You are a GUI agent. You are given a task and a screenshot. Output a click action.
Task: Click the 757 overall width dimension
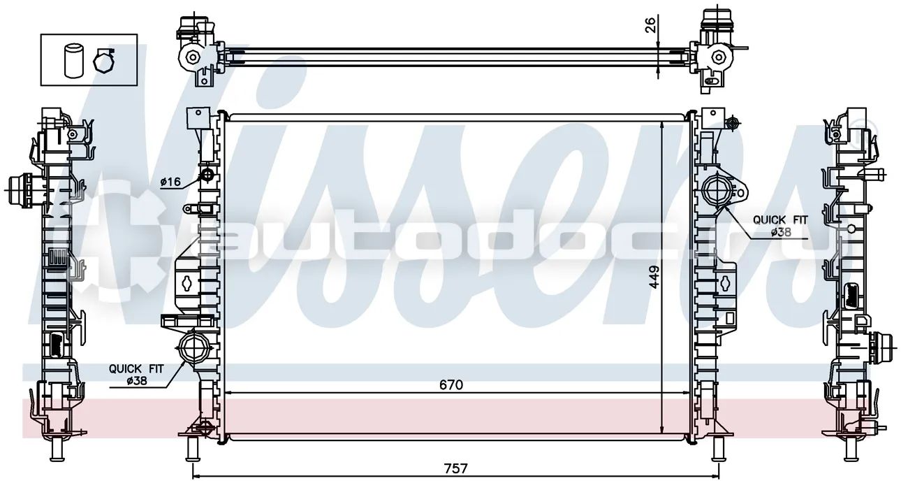(x=455, y=468)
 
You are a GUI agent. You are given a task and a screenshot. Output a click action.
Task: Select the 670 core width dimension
(x=451, y=385)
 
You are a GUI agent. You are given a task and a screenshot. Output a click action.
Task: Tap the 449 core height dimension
(x=654, y=277)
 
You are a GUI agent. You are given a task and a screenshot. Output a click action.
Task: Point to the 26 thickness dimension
(x=651, y=24)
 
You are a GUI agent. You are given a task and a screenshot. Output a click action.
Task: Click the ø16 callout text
(x=170, y=182)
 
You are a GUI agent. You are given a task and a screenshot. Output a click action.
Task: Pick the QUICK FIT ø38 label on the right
(x=780, y=226)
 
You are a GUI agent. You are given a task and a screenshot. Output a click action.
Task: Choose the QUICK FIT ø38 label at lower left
(x=137, y=375)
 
